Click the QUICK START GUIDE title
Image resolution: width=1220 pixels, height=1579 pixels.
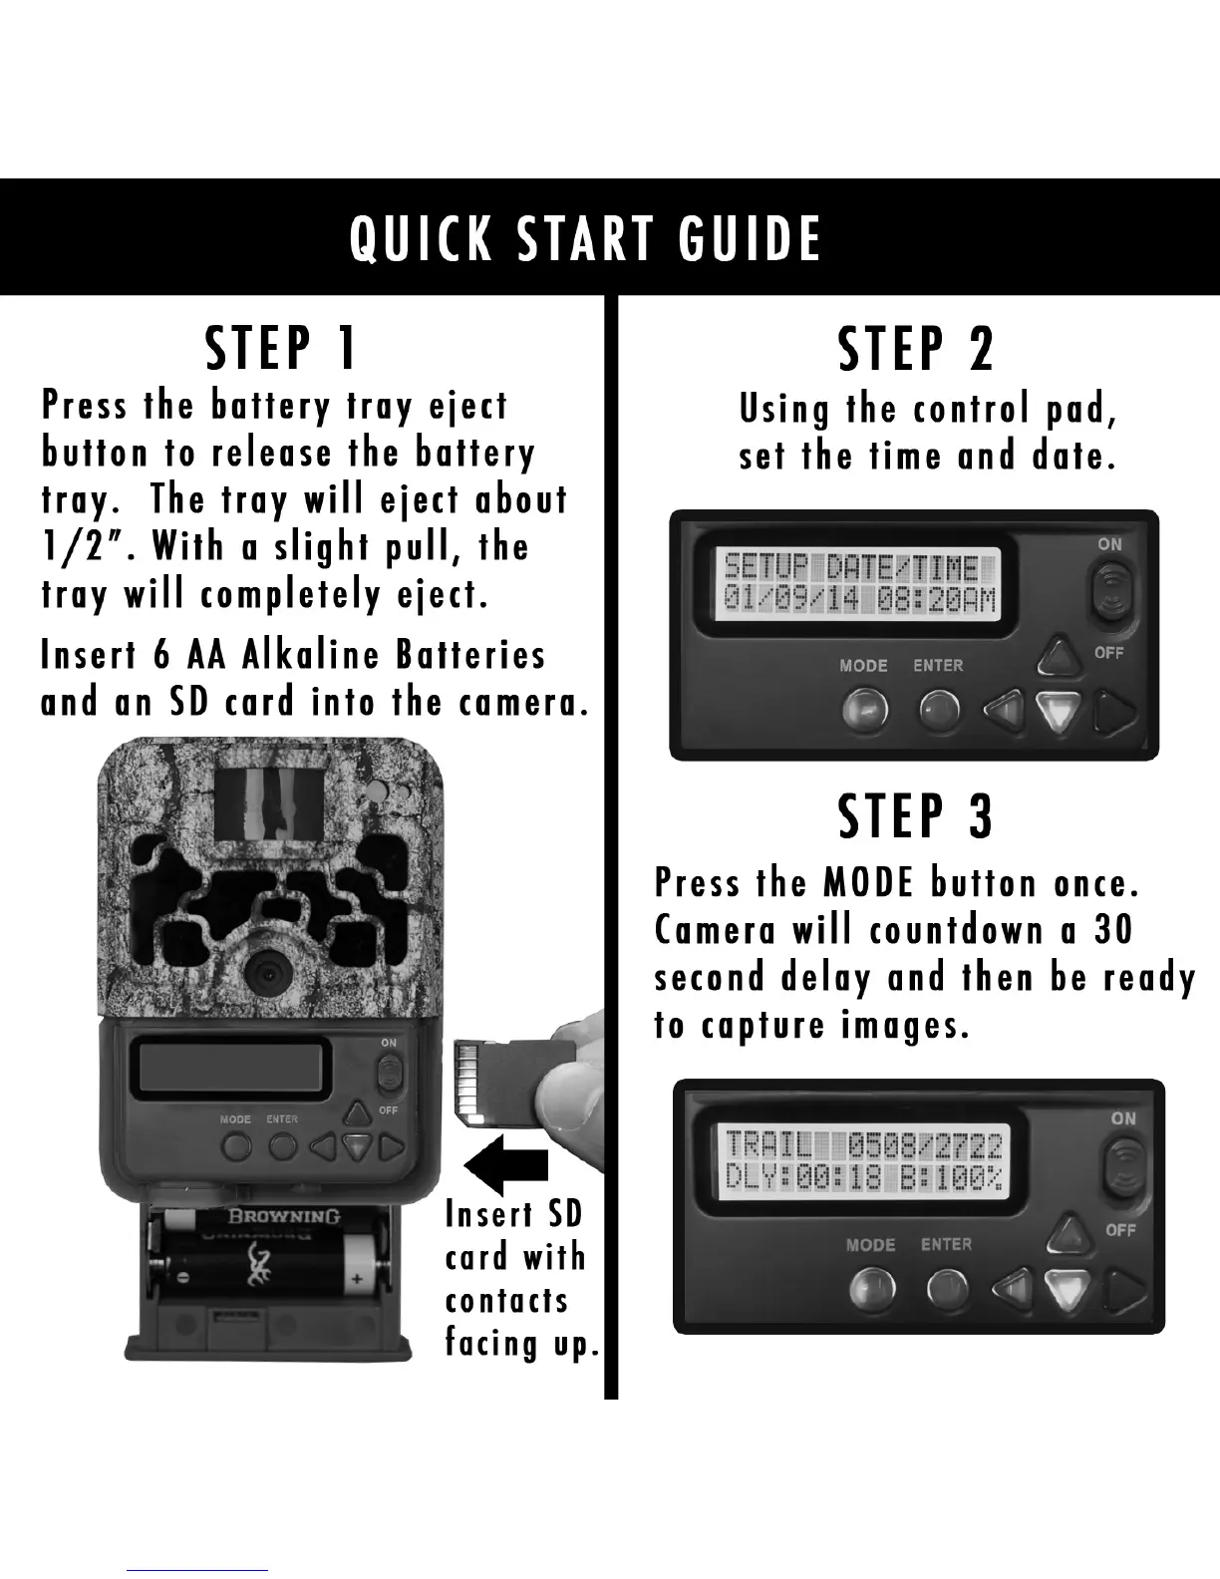click(x=585, y=238)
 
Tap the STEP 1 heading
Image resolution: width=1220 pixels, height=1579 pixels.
click(x=280, y=348)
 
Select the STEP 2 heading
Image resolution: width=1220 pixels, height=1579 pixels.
click(x=916, y=349)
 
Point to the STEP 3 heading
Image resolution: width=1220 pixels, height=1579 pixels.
click(x=916, y=816)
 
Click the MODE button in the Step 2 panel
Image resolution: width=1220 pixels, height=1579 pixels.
click(x=865, y=709)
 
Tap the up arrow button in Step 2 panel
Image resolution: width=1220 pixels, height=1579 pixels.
click(x=1060, y=656)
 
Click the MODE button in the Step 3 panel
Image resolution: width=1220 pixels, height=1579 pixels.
click(x=872, y=1288)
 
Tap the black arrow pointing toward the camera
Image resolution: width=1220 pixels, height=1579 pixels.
click(x=505, y=1165)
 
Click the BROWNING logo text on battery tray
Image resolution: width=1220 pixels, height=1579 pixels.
click(x=284, y=1216)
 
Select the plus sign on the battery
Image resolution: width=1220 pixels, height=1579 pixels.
click(x=357, y=1278)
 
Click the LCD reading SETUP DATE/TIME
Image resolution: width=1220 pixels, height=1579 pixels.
click(x=858, y=584)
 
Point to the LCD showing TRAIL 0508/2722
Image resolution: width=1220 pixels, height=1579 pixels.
click(x=864, y=1162)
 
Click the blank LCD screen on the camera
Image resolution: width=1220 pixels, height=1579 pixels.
click(x=230, y=1068)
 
